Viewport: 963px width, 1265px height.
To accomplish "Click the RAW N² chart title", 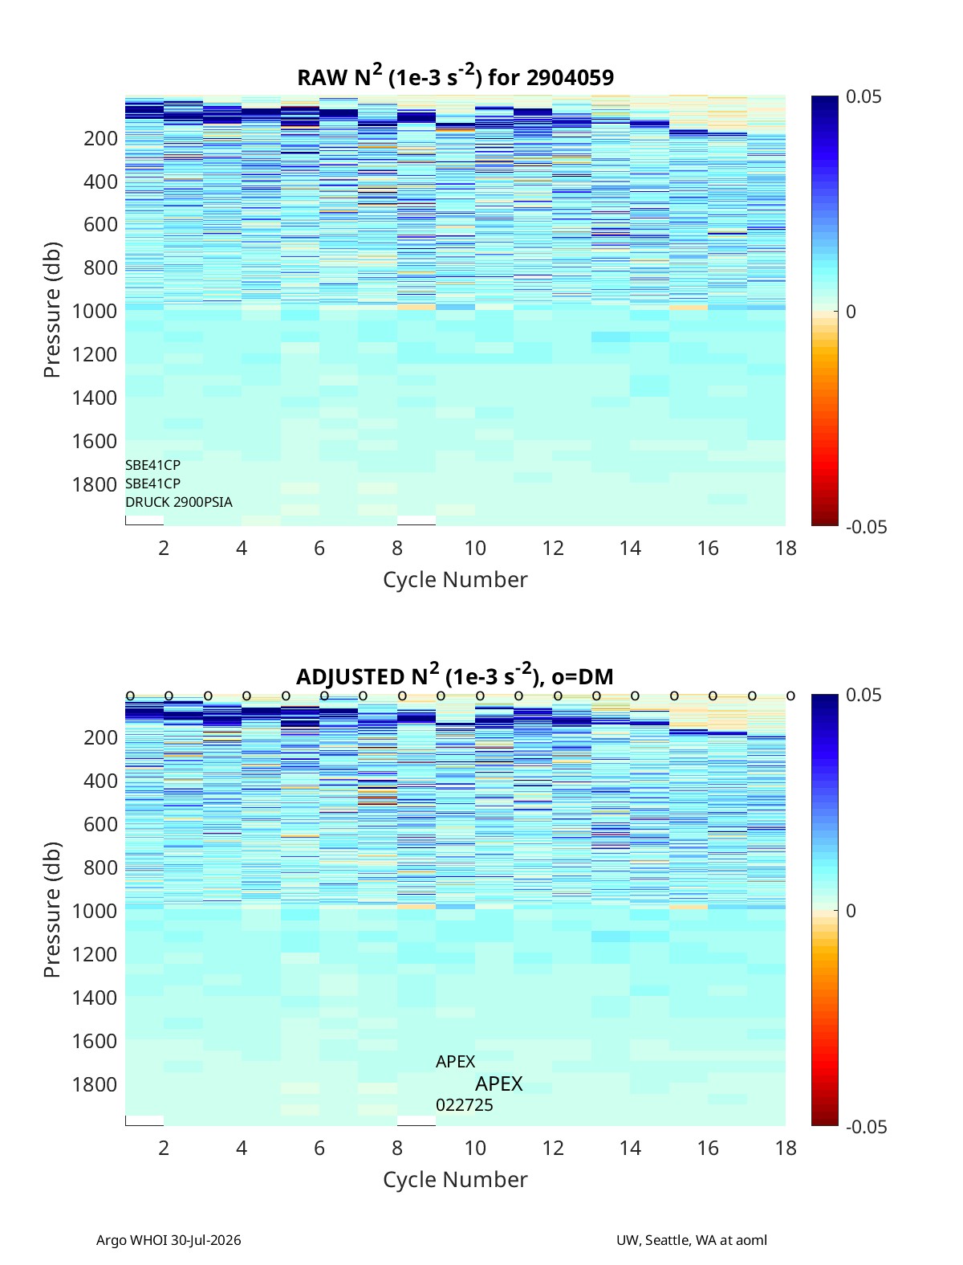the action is tap(455, 75).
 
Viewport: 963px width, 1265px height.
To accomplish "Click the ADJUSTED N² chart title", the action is tap(455, 675).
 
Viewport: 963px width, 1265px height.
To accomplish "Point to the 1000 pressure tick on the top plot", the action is tap(95, 311).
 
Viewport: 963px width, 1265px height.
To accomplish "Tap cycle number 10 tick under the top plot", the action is tap(475, 548).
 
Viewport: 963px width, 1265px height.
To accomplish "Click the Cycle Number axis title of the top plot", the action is tap(455, 579).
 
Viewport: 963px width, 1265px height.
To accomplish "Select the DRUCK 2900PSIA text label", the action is tap(179, 502).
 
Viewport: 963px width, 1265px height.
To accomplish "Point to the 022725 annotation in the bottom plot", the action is tap(465, 1105).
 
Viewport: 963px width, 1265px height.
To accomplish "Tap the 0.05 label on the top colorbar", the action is tap(863, 96).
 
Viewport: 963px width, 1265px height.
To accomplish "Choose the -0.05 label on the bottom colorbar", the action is tap(866, 1127).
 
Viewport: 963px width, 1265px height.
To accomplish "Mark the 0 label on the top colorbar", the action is tap(851, 312).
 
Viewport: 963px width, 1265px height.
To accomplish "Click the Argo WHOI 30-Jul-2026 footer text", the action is tap(169, 1239).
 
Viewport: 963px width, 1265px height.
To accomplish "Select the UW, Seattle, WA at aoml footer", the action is tap(691, 1239).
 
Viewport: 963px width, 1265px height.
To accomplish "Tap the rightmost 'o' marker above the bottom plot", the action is tap(791, 696).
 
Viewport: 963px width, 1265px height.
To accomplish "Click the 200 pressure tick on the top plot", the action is tap(100, 138).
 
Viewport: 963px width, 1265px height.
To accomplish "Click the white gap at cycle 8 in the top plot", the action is tap(416, 520).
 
